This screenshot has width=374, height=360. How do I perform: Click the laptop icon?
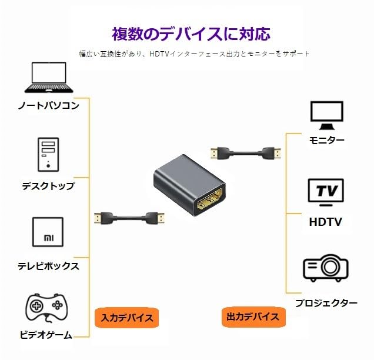[x=49, y=77]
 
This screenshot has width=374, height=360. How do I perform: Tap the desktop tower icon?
[x=48, y=155]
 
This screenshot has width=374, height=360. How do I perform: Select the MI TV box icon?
[x=48, y=232]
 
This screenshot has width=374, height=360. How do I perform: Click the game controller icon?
[x=46, y=308]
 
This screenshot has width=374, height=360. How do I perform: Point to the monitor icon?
[x=327, y=115]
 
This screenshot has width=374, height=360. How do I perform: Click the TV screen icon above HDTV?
[x=326, y=192]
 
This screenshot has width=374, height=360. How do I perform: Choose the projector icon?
[x=326, y=268]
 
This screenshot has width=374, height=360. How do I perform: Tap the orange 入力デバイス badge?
[x=126, y=318]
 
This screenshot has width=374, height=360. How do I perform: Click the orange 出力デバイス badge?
[x=253, y=317]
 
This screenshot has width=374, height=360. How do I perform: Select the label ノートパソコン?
[x=49, y=105]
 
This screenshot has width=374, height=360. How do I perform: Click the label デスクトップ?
[x=48, y=186]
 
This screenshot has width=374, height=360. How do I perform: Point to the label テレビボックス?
[x=48, y=266]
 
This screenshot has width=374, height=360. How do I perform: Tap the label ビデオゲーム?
[x=46, y=335]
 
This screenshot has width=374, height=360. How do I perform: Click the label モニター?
[x=327, y=140]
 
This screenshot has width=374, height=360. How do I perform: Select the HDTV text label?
[x=326, y=222]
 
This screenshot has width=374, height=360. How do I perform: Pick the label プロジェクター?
[x=326, y=303]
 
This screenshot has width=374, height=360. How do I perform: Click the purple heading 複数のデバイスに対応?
[x=191, y=34]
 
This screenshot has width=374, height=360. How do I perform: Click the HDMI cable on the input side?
[x=129, y=218]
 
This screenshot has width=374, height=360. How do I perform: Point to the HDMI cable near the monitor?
[x=246, y=154]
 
